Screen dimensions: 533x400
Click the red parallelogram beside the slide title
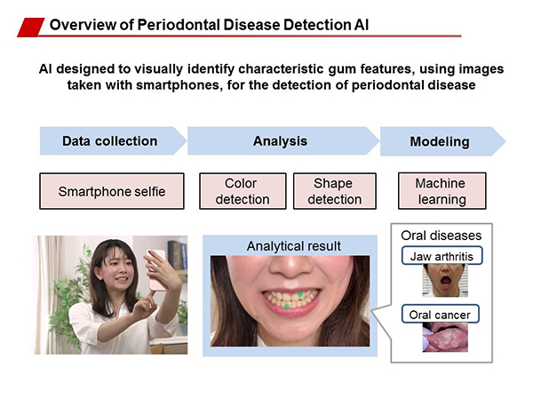31,28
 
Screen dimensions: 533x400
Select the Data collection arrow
113,141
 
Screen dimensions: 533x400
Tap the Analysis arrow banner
283,141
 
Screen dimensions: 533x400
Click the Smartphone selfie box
112,191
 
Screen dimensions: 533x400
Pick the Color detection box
243,191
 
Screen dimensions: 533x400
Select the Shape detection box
335,191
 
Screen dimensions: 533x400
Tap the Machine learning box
442,191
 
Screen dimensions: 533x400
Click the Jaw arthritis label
442,256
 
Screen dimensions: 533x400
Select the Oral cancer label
441,315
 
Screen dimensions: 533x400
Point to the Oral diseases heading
442,236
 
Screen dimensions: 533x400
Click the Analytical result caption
294,246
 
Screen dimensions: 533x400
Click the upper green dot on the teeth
300,293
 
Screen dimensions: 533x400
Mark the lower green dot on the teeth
287,307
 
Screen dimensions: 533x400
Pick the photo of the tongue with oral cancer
445,338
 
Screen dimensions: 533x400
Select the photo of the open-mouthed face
445,281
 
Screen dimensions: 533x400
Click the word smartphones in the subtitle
178,84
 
